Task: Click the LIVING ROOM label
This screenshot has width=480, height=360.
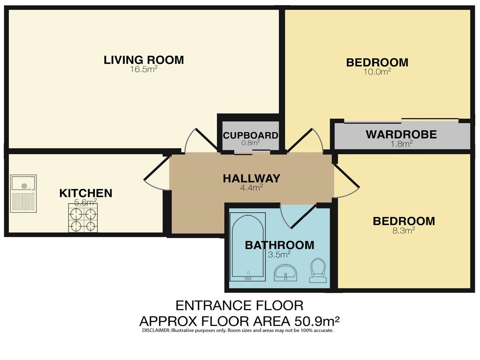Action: [x=144, y=60]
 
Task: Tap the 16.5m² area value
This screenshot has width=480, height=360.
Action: [x=144, y=69]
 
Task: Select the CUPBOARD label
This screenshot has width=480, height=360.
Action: [x=251, y=136]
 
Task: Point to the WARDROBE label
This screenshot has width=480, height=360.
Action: [x=401, y=134]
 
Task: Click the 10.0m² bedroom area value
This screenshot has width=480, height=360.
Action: [x=377, y=72]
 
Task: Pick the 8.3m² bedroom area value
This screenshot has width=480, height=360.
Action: [x=404, y=231]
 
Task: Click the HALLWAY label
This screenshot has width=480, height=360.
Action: [x=252, y=178]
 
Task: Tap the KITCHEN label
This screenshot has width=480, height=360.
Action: [x=86, y=193]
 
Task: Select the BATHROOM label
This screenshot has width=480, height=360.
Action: [x=280, y=245]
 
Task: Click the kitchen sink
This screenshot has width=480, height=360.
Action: [x=23, y=194]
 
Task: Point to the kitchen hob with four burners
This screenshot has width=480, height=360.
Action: [x=83, y=218]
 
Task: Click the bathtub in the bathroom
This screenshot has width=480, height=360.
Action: [x=248, y=247]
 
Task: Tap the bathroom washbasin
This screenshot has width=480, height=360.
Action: [x=285, y=273]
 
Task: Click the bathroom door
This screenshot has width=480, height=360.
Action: [x=304, y=216]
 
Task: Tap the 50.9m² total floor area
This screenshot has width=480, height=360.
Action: [x=317, y=321]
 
